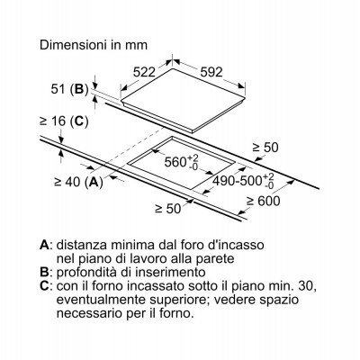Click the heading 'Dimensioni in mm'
[94, 45]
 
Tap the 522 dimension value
[144, 72]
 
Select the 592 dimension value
[211, 72]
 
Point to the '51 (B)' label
[69, 89]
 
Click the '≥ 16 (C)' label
[64, 121]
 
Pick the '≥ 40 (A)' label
[78, 182]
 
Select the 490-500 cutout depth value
[243, 180]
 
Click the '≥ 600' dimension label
[263, 201]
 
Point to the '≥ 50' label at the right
[265, 147]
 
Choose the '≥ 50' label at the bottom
[168, 208]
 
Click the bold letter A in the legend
[44, 245]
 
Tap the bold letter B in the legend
[44, 272]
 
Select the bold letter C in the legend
[44, 285]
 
